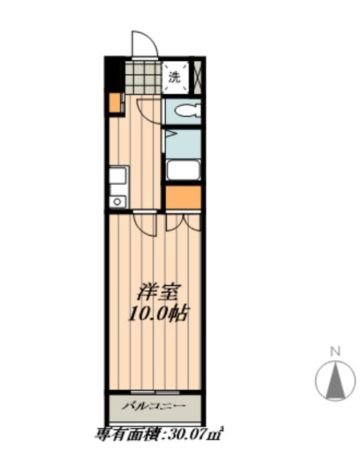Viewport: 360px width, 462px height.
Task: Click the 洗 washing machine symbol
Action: [x=175, y=77]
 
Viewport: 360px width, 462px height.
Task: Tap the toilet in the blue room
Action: [x=188, y=111]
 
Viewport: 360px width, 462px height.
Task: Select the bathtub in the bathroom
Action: [x=183, y=170]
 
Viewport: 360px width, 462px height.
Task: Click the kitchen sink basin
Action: [x=119, y=175]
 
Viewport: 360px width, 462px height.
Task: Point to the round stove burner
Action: [x=118, y=202]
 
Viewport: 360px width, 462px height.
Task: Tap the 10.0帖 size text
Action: [x=158, y=313]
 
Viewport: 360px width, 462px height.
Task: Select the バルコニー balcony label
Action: [x=154, y=406]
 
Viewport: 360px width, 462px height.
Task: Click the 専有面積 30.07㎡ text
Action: [x=159, y=434]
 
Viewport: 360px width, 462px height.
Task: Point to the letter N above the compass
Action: [x=335, y=352]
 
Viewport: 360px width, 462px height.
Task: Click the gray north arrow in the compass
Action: [x=335, y=381]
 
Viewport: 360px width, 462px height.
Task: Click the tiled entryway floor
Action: [x=143, y=77]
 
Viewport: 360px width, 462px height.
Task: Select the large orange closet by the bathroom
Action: [x=183, y=197]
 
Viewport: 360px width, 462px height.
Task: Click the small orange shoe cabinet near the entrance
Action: [x=115, y=103]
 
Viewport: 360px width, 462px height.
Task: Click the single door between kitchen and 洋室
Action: [x=145, y=223]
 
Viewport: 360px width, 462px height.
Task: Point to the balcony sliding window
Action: [x=155, y=392]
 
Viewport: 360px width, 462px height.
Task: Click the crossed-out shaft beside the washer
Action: [x=197, y=77]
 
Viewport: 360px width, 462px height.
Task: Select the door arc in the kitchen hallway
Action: [x=150, y=111]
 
